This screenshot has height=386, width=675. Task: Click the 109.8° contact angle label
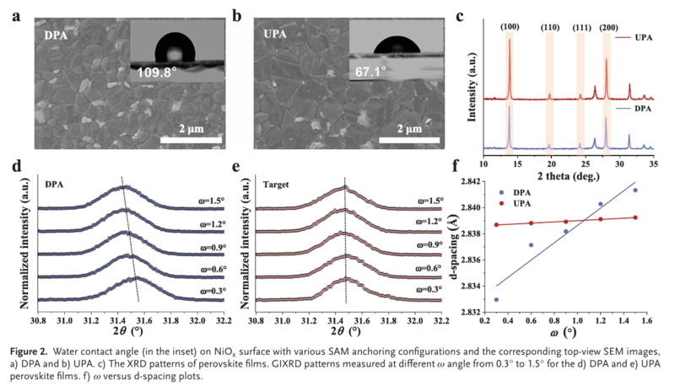(160, 72)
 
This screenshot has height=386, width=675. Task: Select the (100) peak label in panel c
(510, 27)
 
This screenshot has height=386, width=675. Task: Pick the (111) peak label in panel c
(582, 27)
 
